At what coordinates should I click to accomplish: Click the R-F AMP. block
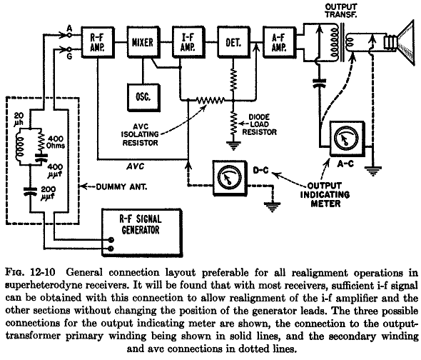coord(98,42)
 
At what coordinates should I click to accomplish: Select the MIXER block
coord(143,42)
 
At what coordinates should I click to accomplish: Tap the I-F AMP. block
coord(188,42)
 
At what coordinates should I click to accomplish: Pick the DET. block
coord(233,42)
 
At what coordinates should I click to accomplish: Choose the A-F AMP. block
coord(279,42)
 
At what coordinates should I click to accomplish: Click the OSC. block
coord(143,97)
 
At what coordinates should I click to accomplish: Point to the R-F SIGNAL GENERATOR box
coord(142,233)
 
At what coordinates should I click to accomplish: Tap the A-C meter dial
coord(347,138)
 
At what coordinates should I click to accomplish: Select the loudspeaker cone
coord(406,42)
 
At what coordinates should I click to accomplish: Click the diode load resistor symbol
coord(233,124)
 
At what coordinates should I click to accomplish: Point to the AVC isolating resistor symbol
coord(210,100)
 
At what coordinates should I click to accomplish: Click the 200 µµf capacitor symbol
coord(30,191)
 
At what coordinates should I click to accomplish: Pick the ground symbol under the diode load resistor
coord(233,146)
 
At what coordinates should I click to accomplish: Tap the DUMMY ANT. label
coord(121,186)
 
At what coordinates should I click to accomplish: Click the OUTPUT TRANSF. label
coord(341,11)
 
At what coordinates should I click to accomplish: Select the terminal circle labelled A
coord(69,35)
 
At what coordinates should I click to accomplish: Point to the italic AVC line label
coord(136,166)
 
